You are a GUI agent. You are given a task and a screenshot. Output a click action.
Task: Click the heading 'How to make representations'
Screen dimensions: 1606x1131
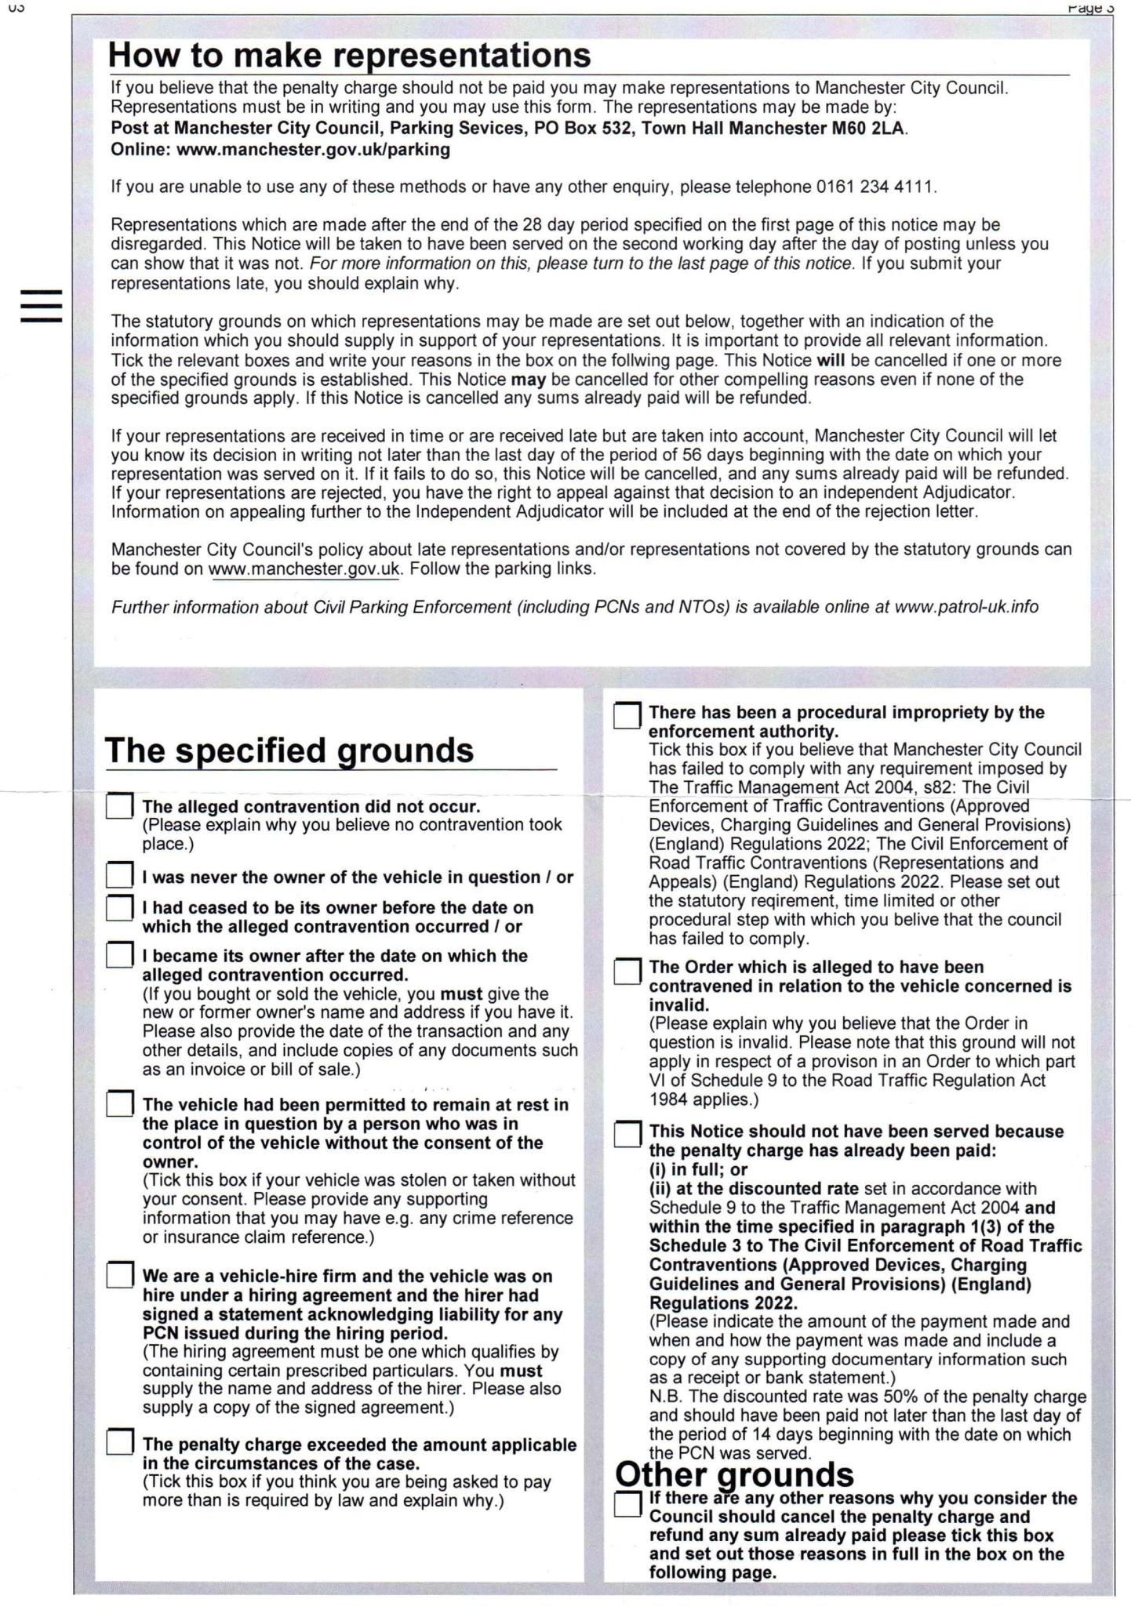pos(349,56)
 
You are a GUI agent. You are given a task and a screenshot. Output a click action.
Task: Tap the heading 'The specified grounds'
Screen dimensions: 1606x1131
pos(289,750)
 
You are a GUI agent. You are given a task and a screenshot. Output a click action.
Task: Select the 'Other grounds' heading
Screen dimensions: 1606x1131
pos(734,1474)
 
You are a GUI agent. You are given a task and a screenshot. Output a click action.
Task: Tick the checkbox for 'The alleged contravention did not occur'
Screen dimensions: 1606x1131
pos(119,806)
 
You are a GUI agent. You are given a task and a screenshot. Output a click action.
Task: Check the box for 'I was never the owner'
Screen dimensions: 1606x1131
pos(119,875)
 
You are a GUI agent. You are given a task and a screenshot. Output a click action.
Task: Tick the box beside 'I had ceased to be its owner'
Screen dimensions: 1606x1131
pos(119,907)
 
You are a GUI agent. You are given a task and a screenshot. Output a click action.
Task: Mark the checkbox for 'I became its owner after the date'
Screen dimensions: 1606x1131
pos(119,955)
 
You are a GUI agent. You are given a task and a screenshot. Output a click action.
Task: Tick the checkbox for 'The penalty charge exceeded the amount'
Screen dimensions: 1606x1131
pos(119,1442)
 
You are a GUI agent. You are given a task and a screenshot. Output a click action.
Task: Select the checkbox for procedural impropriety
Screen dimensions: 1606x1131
pos(627,715)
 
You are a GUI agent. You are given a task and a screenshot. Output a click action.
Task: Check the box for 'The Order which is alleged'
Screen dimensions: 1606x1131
pos(627,971)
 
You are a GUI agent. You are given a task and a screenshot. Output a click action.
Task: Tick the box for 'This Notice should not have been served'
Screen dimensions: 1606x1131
pos(627,1134)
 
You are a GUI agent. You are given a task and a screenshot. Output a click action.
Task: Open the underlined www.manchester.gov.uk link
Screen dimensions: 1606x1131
pos(304,569)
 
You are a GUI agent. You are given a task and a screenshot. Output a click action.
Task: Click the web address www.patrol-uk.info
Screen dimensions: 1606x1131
pos(966,607)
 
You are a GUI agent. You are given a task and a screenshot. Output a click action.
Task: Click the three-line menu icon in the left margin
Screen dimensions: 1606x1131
pos(42,306)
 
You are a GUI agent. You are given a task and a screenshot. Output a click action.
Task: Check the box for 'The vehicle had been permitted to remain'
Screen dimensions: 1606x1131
pos(119,1104)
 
